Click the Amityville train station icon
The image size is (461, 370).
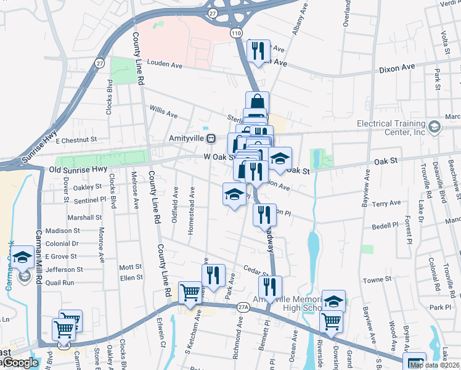211,139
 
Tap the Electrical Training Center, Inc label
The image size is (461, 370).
391,128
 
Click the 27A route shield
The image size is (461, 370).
242,306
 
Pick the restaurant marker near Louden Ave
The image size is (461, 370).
258,51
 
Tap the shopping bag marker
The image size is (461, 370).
256,103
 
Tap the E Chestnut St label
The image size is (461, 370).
76,140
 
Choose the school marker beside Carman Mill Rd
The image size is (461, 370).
23,258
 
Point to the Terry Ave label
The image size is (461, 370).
387,203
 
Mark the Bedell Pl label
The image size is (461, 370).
386,226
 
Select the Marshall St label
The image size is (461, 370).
84,218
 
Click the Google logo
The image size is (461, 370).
20,363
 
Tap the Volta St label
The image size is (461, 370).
444,42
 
